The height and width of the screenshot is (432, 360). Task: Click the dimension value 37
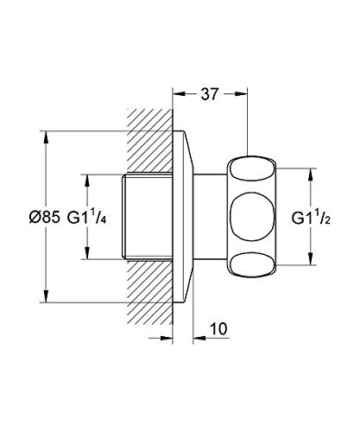210,94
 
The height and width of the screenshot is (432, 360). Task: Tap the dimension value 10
218,328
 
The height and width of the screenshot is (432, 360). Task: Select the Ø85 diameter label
45,217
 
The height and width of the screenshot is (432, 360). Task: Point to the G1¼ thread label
87,217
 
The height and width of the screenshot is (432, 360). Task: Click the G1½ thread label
311,218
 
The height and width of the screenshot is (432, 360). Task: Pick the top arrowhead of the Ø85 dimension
46,137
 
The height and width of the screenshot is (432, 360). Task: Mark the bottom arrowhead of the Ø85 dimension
46,296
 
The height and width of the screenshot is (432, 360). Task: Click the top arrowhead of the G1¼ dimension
87,181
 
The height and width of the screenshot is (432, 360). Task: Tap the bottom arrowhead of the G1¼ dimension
87,253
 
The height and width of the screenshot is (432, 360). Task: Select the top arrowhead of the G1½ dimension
310,175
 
